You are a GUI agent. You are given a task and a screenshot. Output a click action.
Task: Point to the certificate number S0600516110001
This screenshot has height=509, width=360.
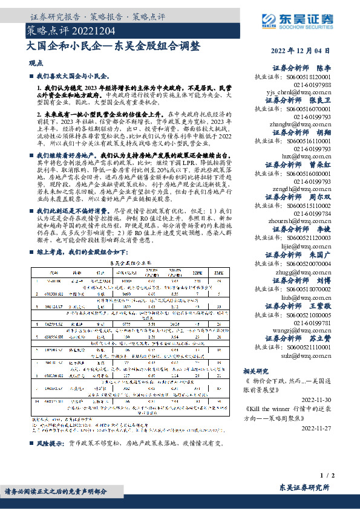coord(309,140)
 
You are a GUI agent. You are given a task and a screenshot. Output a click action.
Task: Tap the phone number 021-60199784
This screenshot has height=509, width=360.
coord(313,213)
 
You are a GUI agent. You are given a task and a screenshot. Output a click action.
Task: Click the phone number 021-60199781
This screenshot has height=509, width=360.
coord(313,323)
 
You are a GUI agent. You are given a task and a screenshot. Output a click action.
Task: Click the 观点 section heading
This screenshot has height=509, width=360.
coord(36,62)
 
